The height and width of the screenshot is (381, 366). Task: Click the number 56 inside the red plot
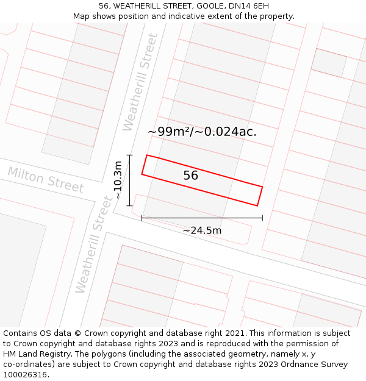pyautogui.click(x=191, y=176)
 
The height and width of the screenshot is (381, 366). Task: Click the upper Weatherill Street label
pyautogui.click(x=140, y=82)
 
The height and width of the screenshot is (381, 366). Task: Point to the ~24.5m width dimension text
pyautogui.click(x=202, y=230)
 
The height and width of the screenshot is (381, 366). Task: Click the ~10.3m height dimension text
pyautogui.click(x=118, y=180)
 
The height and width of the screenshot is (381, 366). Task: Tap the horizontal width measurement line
pyautogui.click(x=202, y=218)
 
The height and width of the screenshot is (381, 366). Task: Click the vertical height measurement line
pyautogui.click(x=130, y=180)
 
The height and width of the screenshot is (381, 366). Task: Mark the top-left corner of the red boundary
pyautogui.click(x=147, y=155)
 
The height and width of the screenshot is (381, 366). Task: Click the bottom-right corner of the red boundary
pyautogui.click(x=257, y=206)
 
